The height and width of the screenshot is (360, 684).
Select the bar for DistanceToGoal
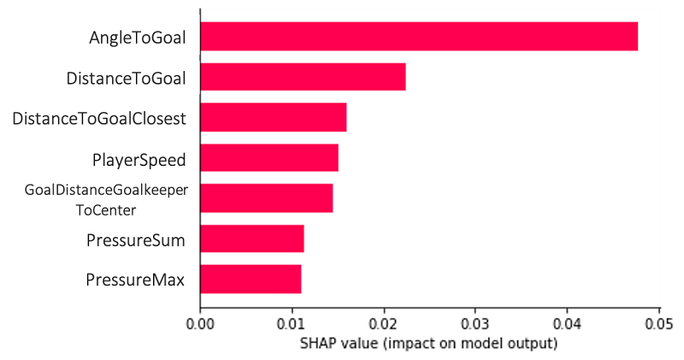coord(303,77)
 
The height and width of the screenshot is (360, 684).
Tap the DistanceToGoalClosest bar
coord(273,117)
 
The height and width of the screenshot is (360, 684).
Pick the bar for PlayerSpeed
coord(268,157)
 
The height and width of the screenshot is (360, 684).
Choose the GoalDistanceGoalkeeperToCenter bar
coord(266,198)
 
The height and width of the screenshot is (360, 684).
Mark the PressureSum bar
coord(251,239)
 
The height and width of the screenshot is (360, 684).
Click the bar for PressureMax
coord(251,279)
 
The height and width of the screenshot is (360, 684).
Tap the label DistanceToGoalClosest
coord(99,118)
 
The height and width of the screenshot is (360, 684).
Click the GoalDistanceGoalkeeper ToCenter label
coord(106,198)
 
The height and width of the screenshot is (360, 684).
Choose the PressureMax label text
coord(135,280)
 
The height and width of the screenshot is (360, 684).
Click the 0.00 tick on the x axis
coord(200,326)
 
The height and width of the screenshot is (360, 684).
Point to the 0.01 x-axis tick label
coord(292,326)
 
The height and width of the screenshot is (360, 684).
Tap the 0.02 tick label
coord(384,326)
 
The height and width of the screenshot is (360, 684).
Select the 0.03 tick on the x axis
coord(475,326)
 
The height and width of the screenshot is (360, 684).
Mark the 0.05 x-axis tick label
coord(659,326)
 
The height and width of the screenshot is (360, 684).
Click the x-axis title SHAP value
coord(428,344)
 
